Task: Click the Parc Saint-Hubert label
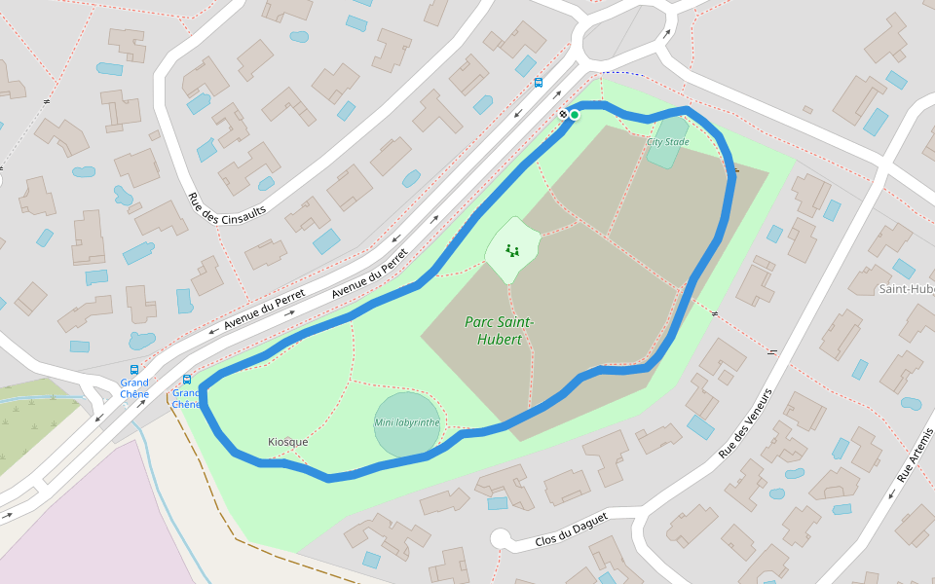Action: (499, 331)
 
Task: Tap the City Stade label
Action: (667, 142)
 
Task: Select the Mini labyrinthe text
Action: (407, 422)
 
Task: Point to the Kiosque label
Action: (287, 442)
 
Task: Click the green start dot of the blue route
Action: (575, 115)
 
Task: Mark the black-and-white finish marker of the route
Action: (563, 115)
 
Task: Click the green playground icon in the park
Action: (512, 250)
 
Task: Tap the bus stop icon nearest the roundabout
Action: (539, 83)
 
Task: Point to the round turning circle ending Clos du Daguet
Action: (501, 538)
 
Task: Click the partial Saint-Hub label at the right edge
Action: (906, 289)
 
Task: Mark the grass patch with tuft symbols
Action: (34, 419)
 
